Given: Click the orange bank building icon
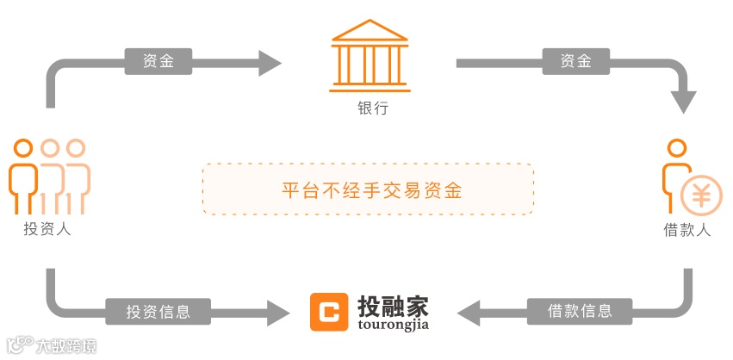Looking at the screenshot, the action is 369,58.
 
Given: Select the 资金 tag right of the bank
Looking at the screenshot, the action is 575,61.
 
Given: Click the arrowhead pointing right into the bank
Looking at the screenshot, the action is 270,62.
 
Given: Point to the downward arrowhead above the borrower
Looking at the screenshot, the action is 684,102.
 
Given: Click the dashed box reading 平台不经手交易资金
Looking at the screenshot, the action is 368,189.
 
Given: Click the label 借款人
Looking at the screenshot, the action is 686,230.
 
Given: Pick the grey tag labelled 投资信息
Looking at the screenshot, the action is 158,311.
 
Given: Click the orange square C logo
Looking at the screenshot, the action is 327,312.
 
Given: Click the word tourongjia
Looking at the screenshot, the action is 392,325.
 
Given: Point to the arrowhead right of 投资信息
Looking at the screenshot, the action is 277,312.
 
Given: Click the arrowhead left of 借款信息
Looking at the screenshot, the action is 472,312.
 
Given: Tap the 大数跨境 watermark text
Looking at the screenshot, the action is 65,346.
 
